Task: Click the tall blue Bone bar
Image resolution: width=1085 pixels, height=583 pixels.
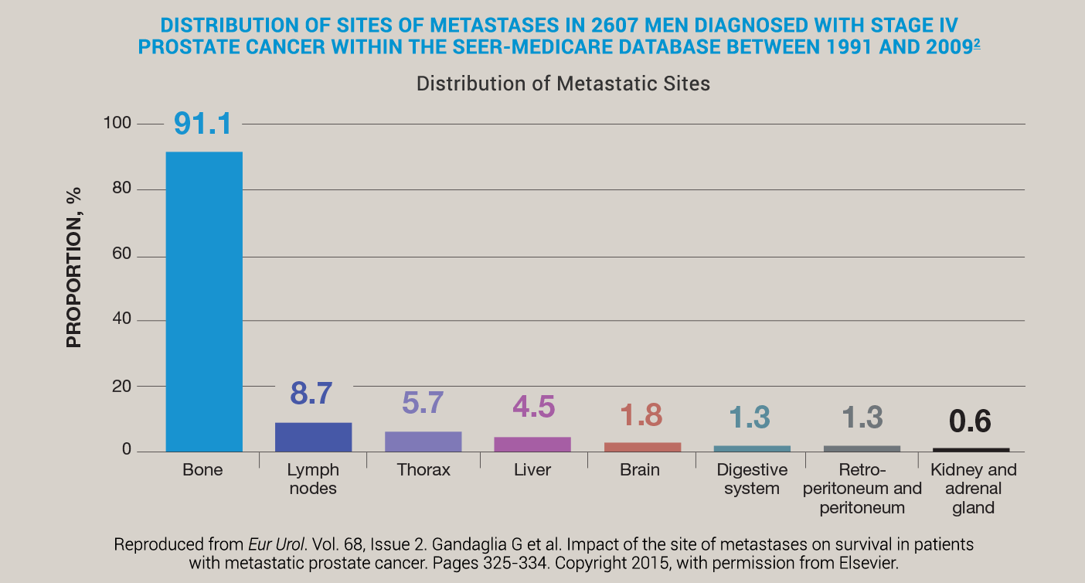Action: pyautogui.click(x=204, y=302)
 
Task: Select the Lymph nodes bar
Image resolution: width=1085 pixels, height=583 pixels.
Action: pyautogui.click(x=313, y=437)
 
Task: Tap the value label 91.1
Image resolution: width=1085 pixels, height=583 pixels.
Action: pyautogui.click(x=202, y=124)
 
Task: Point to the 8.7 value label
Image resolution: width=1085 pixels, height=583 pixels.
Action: pyautogui.click(x=311, y=394)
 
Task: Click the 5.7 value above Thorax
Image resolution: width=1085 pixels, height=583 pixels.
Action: pyautogui.click(x=423, y=403)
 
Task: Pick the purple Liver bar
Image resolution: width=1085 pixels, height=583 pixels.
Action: pyautogui.click(x=532, y=444)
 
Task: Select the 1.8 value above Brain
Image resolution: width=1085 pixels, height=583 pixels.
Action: pyautogui.click(x=641, y=415)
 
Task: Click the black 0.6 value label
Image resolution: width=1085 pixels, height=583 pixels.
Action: pyautogui.click(x=970, y=421)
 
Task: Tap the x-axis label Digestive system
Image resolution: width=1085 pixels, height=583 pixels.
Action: pyautogui.click(x=752, y=479)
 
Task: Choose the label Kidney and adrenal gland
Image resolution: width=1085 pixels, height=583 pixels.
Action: pyautogui.click(x=973, y=489)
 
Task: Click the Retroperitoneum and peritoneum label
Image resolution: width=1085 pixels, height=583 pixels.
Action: pyautogui.click(x=862, y=489)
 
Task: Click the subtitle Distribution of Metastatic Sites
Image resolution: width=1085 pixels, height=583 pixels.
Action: pyautogui.click(x=563, y=84)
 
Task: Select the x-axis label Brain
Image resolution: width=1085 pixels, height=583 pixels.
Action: pyautogui.click(x=640, y=470)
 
